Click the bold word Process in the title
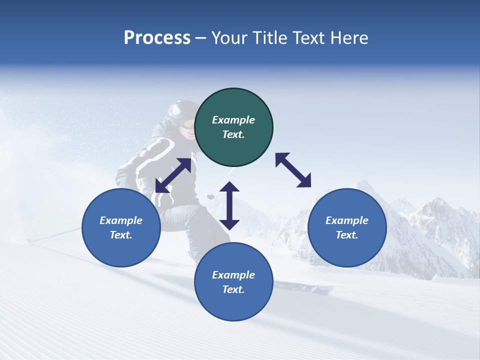pos(157,38)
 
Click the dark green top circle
pos(233,127)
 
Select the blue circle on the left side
pos(121,228)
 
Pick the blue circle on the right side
pos(347,228)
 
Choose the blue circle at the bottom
pos(233,282)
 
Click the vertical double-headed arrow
pos(229,205)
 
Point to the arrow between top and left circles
pos(173,175)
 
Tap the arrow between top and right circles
pos(293,170)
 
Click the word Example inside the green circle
pos(233,120)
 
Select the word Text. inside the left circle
pos(121,235)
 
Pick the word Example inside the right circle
pos(347,220)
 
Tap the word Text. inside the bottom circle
pos(233,289)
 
